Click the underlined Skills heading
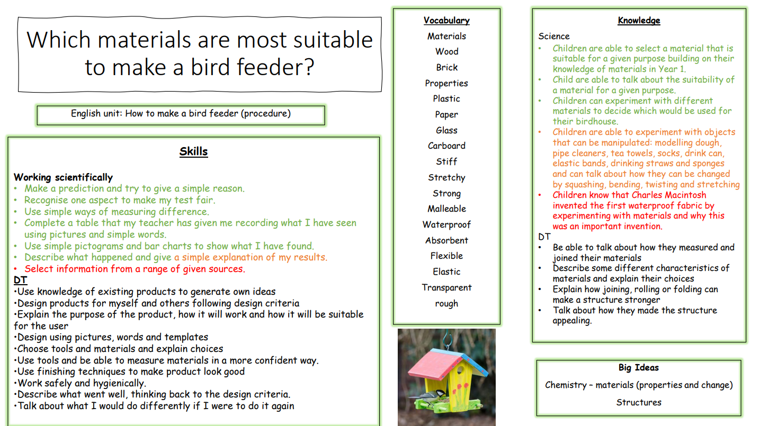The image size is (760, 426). tap(193, 151)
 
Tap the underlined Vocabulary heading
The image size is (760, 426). tap(446, 20)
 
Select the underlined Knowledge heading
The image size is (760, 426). tap(639, 21)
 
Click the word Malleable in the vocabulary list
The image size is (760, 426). tap(446, 209)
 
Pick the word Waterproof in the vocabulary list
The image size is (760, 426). tap(446, 225)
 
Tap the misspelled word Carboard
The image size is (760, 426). tap(446, 146)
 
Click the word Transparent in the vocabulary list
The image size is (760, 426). tap(446, 288)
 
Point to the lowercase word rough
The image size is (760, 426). tap(446, 304)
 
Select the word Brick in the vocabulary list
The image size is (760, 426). tap(446, 67)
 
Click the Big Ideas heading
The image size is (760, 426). tap(639, 368)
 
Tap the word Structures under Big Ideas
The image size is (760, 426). tap(639, 403)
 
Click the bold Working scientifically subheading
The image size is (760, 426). tap(63, 177)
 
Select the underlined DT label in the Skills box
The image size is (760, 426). tap(20, 280)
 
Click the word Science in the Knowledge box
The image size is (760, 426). tap(554, 37)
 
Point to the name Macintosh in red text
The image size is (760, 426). tap(685, 195)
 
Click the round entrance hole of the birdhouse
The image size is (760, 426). tap(460, 370)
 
